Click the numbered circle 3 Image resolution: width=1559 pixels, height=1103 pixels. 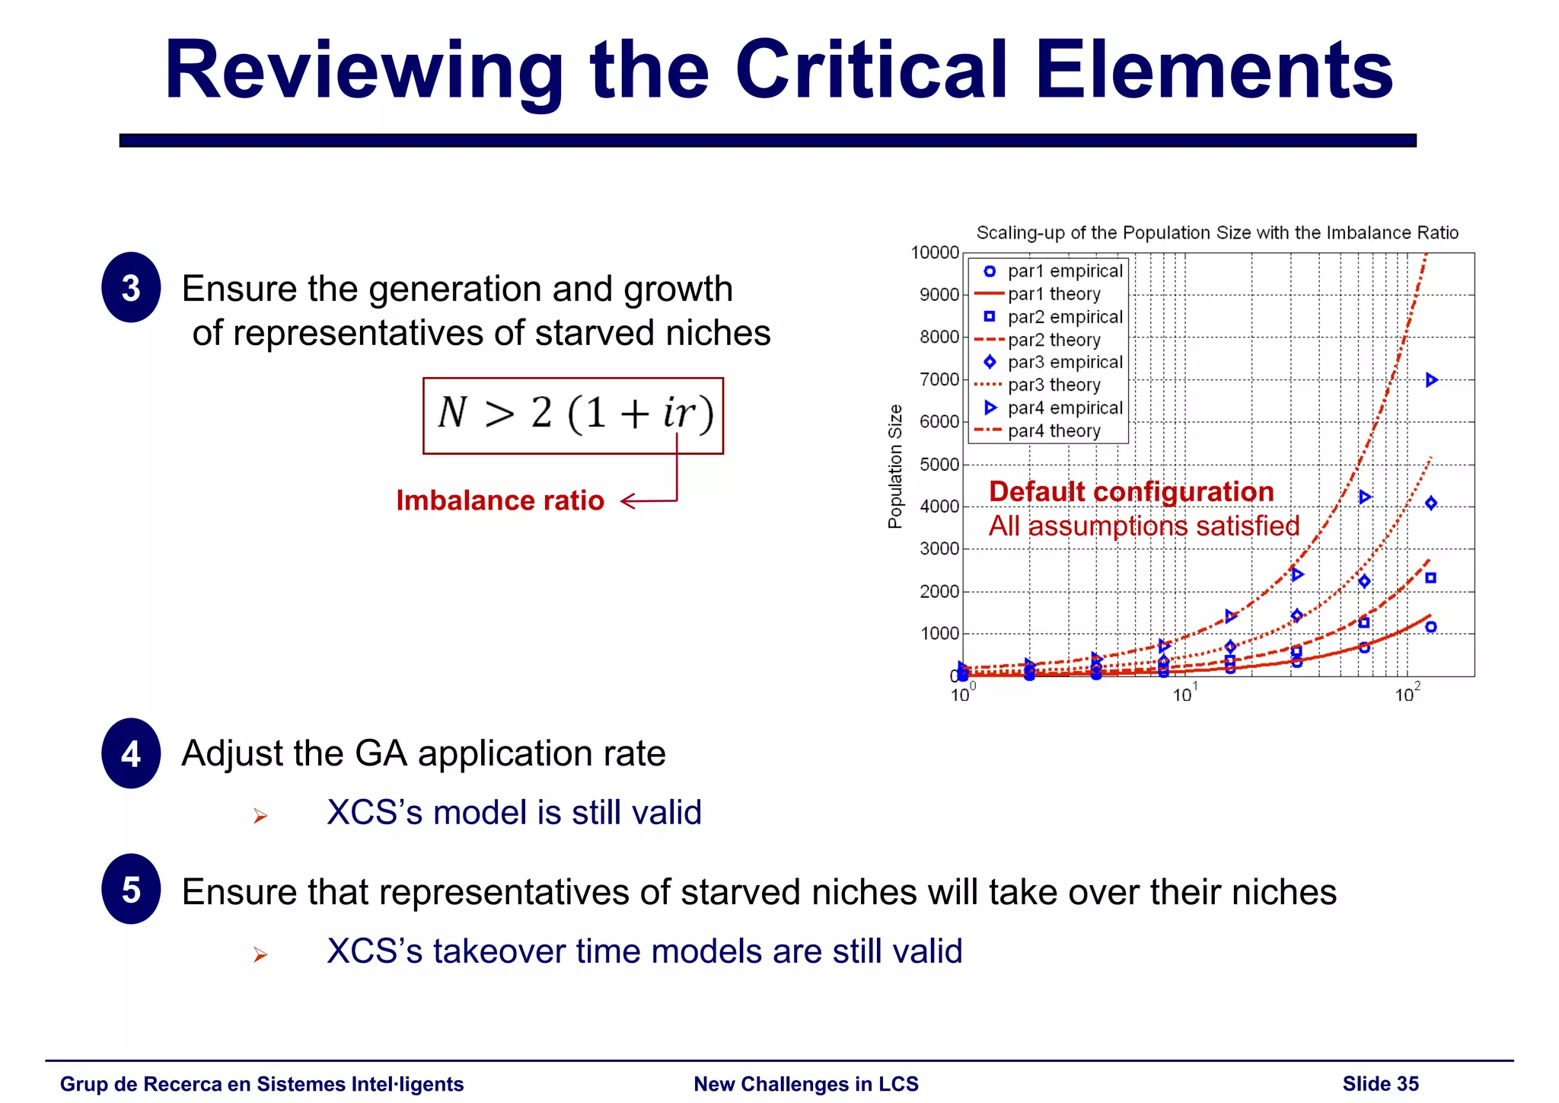131,288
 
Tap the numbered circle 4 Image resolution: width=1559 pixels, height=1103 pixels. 131,753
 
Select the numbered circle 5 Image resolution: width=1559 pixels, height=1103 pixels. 131,889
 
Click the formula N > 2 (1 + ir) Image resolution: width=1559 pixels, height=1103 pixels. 573,414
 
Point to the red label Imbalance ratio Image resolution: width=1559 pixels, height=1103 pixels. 500,500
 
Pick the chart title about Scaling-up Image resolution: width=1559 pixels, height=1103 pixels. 1216,233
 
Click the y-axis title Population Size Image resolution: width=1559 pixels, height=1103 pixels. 895,466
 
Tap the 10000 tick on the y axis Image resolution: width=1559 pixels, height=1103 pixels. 935,252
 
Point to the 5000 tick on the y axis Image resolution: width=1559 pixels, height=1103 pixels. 939,464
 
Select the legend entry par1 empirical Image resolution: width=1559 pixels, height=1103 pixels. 1064,271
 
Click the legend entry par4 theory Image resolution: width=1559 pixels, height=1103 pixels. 1054,431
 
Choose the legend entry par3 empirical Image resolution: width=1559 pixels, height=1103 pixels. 1064,363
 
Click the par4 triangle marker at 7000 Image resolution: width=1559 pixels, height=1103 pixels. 1431,379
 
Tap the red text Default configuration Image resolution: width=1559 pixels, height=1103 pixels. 1131,491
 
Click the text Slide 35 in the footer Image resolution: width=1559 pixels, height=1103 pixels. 1380,1083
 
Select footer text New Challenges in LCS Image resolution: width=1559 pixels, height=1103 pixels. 805,1083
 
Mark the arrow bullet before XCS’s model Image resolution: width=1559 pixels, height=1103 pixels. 260,817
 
